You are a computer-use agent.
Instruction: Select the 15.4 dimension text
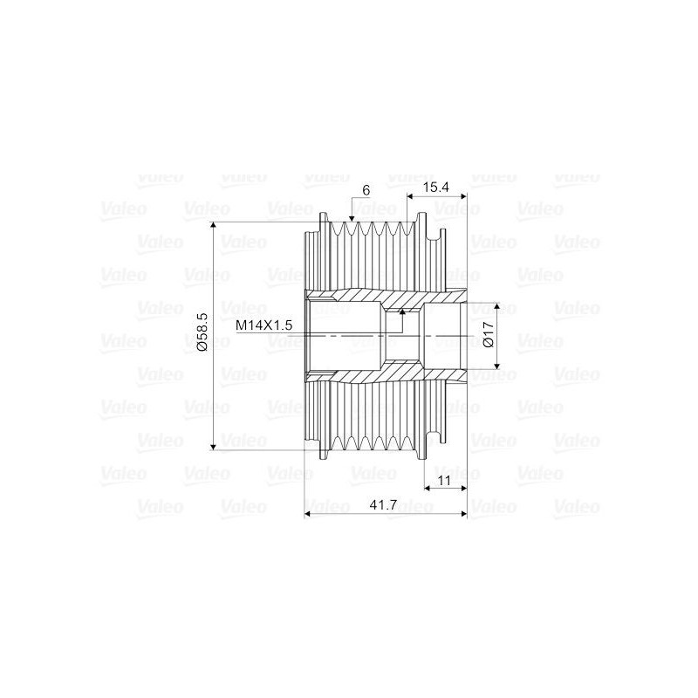click(x=436, y=187)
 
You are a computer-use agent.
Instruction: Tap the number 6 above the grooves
click(x=366, y=190)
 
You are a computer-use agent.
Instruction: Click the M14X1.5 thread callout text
click(x=263, y=325)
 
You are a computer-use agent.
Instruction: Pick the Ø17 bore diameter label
click(x=489, y=336)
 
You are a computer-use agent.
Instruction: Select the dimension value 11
click(x=443, y=481)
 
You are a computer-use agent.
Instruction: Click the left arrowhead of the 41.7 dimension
click(x=307, y=515)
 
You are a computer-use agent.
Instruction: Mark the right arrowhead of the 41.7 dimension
click(x=463, y=515)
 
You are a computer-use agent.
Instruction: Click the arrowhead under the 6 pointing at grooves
click(x=351, y=216)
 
